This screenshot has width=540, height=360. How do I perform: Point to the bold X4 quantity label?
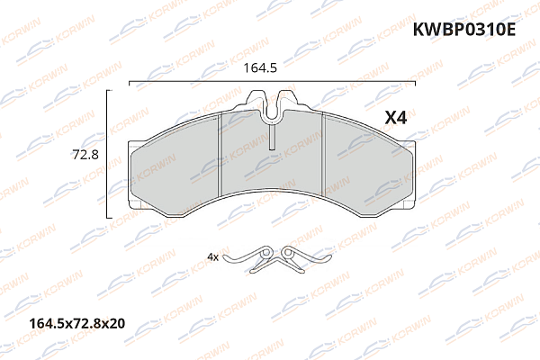[x=397, y=117]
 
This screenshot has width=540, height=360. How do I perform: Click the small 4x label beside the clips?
[x=213, y=256]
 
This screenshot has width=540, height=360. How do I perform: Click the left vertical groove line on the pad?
[x=220, y=162]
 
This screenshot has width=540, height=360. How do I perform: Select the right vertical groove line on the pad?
[x=323, y=162]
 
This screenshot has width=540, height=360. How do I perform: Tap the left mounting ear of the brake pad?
[x=135, y=176]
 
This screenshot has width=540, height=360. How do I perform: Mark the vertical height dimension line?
[x=108, y=154]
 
